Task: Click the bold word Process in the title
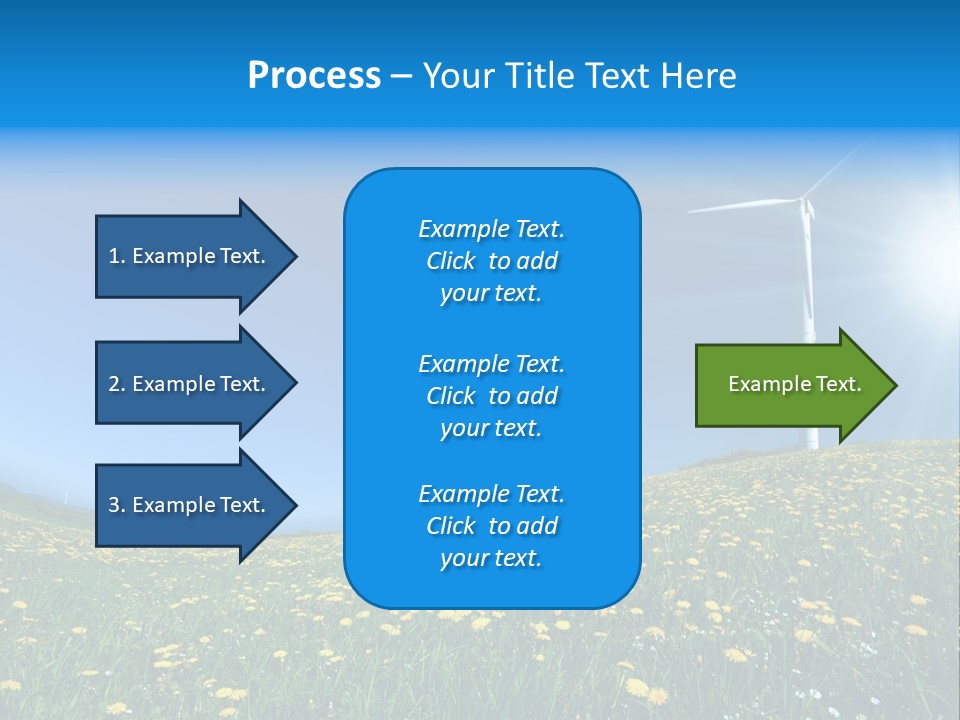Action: point(314,76)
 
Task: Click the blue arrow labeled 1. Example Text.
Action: point(186,256)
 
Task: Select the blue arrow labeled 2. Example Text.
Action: point(186,384)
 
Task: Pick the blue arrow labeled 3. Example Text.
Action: point(186,505)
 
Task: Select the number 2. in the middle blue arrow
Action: point(116,384)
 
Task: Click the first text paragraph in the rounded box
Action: point(491,261)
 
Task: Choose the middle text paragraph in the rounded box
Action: point(491,396)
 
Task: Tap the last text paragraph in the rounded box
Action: point(491,526)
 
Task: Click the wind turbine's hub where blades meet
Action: point(803,202)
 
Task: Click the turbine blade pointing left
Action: point(740,207)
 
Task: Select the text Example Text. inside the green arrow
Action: point(794,384)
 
